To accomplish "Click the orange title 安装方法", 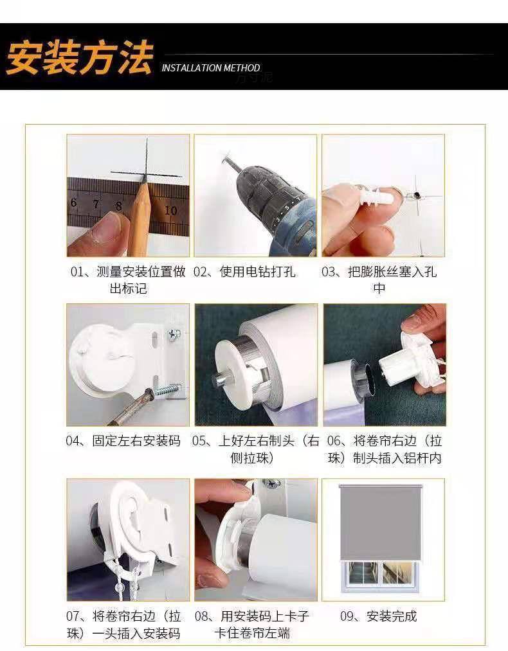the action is [79, 57].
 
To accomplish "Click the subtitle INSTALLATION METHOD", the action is [211, 68].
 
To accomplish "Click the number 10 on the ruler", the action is [170, 210].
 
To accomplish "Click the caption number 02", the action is [201, 272].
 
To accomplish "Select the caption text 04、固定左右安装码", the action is [123, 440].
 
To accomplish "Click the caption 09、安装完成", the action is [378, 616].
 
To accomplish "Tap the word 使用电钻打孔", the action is [257, 272].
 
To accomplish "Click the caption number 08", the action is [201, 616].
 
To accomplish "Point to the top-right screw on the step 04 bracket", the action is [174, 334].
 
